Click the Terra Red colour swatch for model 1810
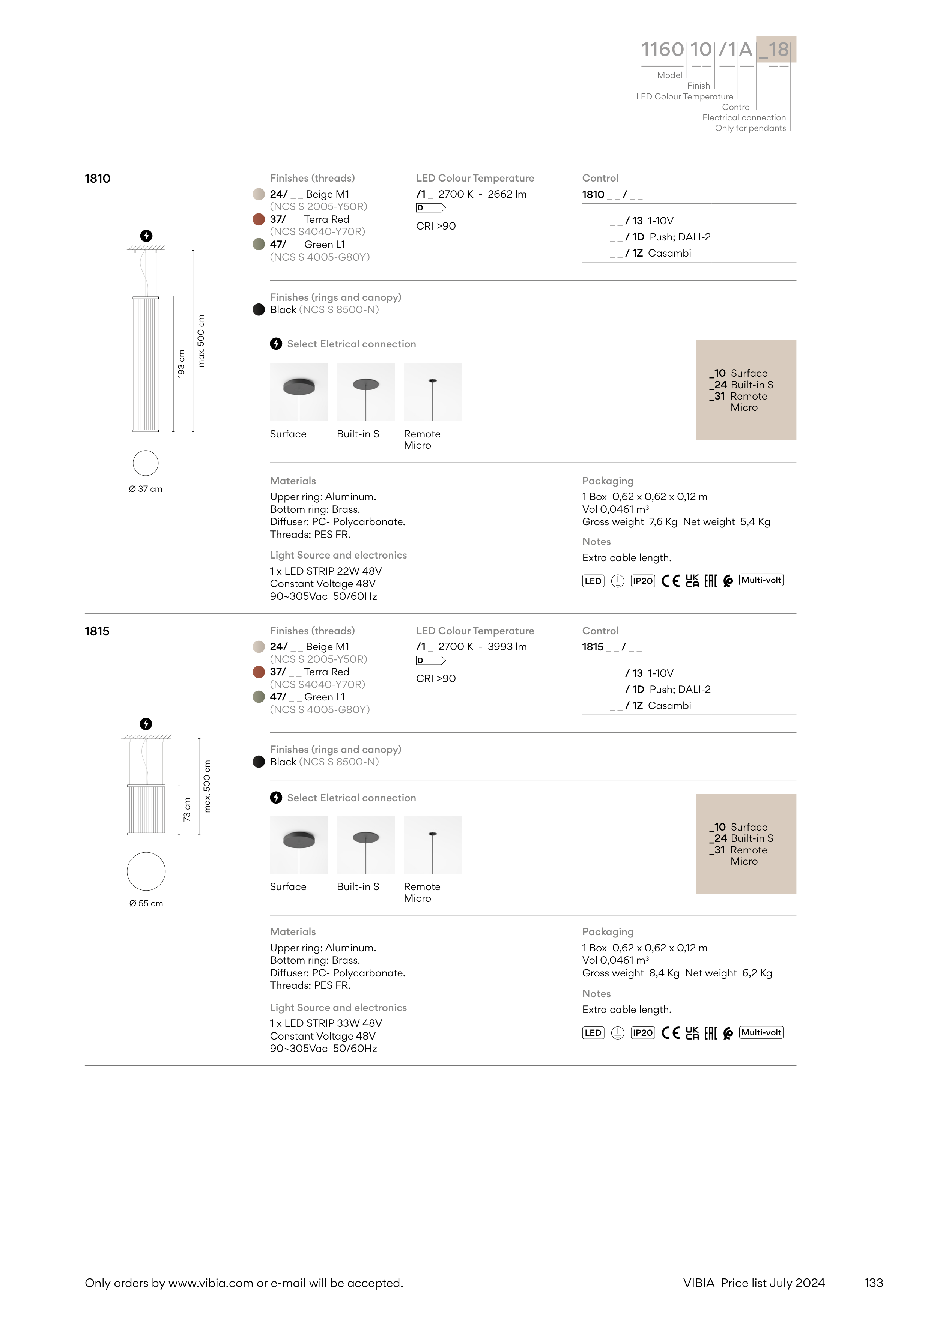pos(259,219)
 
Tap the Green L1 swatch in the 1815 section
pos(259,697)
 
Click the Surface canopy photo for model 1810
pos(298,392)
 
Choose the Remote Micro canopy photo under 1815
pos(432,845)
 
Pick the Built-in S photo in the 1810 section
pos(365,392)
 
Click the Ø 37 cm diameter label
pos(146,489)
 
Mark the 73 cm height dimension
pos(186,809)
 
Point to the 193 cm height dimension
pos(181,364)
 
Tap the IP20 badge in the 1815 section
pos(642,1033)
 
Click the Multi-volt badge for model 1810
pos(761,581)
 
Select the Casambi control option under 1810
pos(669,253)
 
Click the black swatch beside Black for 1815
pos(259,762)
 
